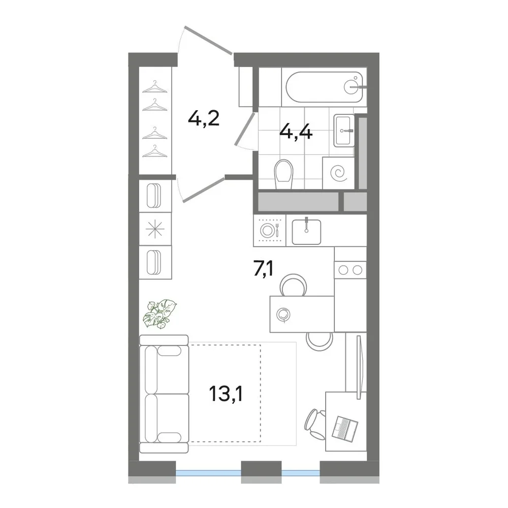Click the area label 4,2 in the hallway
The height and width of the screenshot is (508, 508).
point(204,119)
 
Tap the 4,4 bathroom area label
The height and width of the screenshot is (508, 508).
point(296,132)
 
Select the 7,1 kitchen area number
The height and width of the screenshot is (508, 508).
point(263,269)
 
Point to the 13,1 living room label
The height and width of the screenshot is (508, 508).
point(226,394)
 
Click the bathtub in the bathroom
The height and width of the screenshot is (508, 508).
point(324,87)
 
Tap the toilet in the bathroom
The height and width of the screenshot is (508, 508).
point(283,174)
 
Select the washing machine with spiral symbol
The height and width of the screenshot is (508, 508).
point(338,173)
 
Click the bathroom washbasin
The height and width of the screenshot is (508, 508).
point(344,130)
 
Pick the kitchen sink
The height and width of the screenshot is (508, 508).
point(306,232)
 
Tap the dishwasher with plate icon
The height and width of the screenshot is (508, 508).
point(270,230)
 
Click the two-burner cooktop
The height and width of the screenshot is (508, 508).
point(350,270)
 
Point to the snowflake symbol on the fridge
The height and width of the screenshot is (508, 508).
point(155,229)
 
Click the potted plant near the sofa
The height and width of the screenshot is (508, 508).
point(160,313)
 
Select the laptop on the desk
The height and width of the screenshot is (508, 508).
point(345,428)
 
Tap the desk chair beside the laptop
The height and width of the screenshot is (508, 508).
point(315,424)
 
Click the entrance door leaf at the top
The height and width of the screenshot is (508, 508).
point(208,40)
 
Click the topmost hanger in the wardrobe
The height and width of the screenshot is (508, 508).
point(155,87)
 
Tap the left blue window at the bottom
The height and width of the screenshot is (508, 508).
point(208,473)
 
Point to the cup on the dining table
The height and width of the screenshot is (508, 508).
point(283,314)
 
